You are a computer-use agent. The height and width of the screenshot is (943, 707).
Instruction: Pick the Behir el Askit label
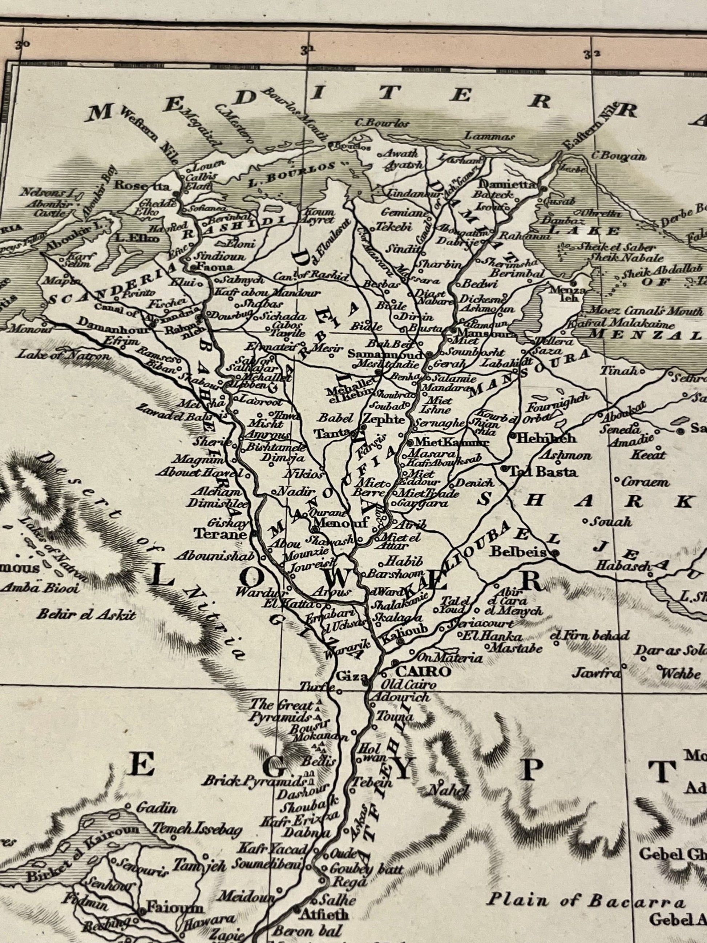pos(86,614)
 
